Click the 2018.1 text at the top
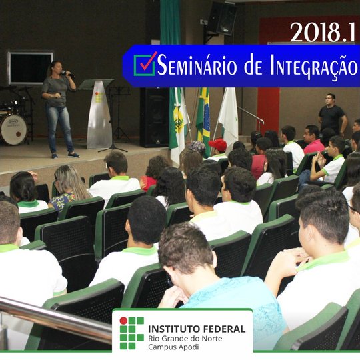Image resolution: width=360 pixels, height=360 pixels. coord(323,31)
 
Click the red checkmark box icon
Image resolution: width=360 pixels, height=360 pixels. coord(145,63)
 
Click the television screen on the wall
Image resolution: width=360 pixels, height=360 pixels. coord(30,68)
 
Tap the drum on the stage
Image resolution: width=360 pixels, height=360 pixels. coord(13,128)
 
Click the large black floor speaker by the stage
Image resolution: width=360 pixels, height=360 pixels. coord(154,117)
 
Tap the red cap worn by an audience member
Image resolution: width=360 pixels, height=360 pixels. coord(218,144)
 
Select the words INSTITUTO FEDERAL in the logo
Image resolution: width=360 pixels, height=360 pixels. coord(196,329)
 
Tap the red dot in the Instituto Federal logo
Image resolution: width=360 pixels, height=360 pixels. coord(123,321)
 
